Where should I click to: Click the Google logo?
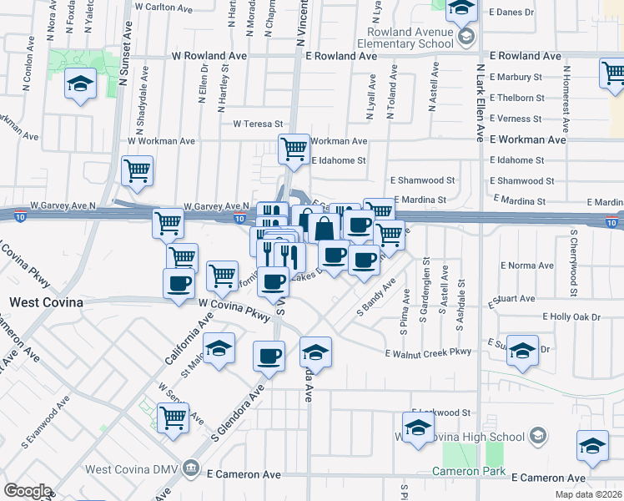pos(28,491)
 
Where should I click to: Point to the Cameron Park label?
pos(469,472)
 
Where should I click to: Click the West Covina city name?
pos(46,302)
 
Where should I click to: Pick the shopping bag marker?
pos(325,228)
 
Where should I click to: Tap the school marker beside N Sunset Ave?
pos(81,84)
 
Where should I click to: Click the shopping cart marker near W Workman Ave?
pos(294,150)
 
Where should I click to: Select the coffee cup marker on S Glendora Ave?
pos(269,357)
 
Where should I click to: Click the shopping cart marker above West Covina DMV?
pos(173,417)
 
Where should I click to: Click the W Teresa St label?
pos(259,124)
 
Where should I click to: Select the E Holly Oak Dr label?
pos(571,316)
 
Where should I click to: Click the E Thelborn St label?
pos(517,98)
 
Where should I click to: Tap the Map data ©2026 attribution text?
pos(588,494)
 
